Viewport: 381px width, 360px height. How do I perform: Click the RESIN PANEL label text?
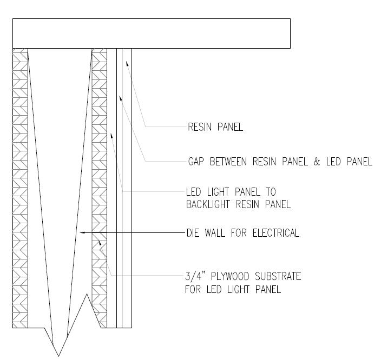click(215, 128)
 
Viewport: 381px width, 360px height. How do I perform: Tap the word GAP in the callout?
click(196, 162)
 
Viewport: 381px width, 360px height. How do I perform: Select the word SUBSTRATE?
click(278, 277)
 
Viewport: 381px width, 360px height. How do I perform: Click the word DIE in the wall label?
click(194, 233)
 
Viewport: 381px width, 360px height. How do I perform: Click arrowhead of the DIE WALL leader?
click(81, 233)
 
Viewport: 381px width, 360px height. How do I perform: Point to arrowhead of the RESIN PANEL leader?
click(127, 63)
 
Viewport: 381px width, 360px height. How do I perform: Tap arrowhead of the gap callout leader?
click(121, 98)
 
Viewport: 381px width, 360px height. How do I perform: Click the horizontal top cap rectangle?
click(152, 33)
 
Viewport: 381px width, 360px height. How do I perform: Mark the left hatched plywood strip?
click(20, 184)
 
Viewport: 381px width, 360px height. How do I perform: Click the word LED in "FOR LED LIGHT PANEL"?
click(216, 289)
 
